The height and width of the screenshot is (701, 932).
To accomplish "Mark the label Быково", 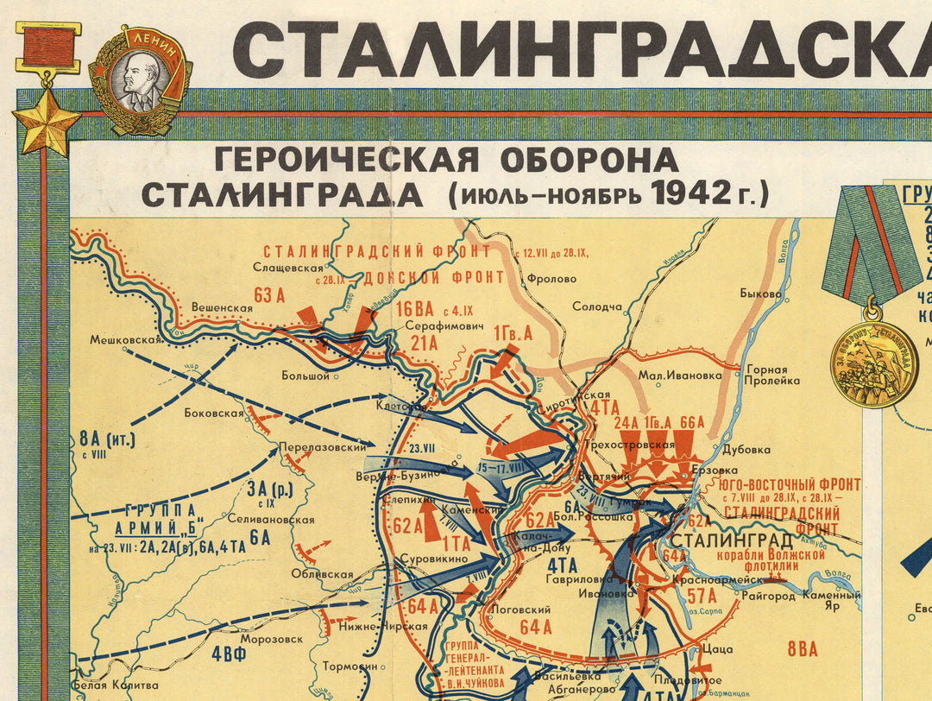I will (760, 294).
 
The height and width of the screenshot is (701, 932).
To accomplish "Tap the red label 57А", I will (701, 595).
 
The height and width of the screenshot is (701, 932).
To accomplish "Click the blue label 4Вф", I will (233, 653).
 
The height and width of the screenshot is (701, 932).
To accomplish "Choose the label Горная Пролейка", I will (767, 375).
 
